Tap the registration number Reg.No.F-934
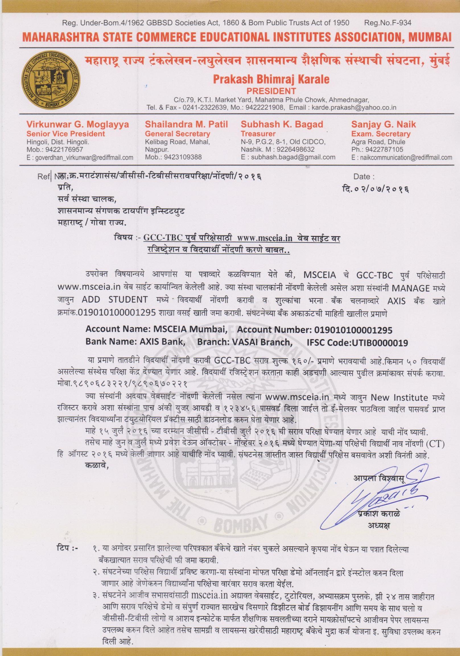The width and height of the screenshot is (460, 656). point(388,22)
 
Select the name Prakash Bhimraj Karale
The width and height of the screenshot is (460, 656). point(271,79)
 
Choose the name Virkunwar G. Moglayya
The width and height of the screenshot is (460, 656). point(78,124)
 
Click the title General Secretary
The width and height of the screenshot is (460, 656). point(178,133)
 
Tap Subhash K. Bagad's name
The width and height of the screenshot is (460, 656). point(282,124)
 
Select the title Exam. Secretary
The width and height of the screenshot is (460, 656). point(381,133)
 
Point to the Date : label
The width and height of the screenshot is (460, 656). point(364,177)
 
